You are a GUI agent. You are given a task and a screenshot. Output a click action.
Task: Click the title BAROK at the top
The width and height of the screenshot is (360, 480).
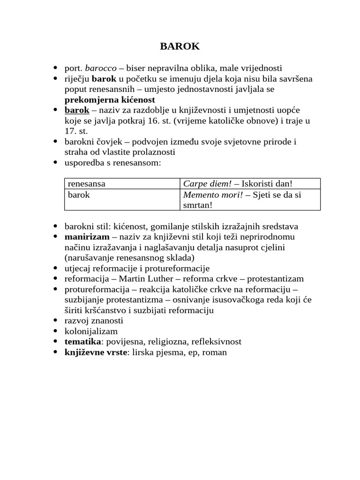[x=180, y=46]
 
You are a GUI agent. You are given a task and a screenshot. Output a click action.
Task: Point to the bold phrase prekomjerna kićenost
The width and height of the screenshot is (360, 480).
[x=110, y=100]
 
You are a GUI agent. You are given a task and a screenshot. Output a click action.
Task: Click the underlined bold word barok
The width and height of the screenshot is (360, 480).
[x=77, y=110]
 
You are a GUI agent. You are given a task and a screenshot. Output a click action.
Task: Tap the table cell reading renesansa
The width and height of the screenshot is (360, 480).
[x=87, y=184]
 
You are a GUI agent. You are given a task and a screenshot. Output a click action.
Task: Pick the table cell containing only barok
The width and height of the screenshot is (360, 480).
[x=79, y=195]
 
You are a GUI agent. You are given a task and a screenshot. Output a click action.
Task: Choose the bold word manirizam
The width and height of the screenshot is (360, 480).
[x=87, y=237]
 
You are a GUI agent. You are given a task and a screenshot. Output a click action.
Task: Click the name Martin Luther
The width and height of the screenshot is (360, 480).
[x=143, y=278]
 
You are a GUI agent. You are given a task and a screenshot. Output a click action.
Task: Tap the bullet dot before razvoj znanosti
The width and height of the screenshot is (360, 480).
[x=55, y=321]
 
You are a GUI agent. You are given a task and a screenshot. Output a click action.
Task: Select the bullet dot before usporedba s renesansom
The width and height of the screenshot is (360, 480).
[x=55, y=163]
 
